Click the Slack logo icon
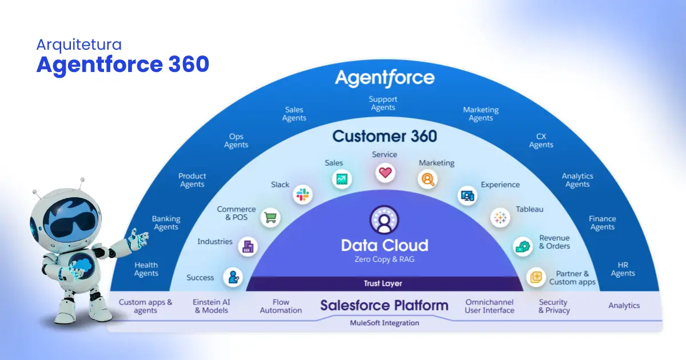tap(302, 195)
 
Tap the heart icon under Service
tap(385, 171)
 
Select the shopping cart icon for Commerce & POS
tap(270, 217)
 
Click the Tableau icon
tap(500, 218)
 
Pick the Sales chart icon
tap(342, 179)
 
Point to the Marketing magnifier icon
tap(426, 179)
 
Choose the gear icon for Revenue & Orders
tap(522, 246)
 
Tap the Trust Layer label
tap(383, 283)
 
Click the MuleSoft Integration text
tap(384, 323)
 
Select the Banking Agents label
tap(166, 223)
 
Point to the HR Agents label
tap(623, 269)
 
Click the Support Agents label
tap(383, 103)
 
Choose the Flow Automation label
tap(281, 306)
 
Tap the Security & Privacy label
tap(554, 306)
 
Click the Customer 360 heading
tap(384, 136)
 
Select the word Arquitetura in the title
tap(79, 44)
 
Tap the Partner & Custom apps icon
tap(536, 277)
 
